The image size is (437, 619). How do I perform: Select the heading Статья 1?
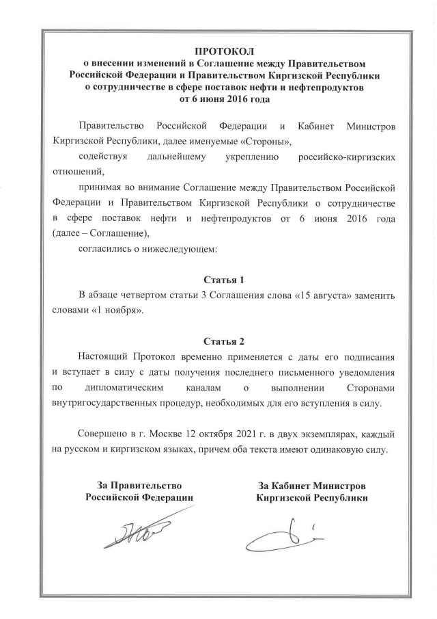coord(224,280)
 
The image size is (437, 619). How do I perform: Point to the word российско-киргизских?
coord(348,157)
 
